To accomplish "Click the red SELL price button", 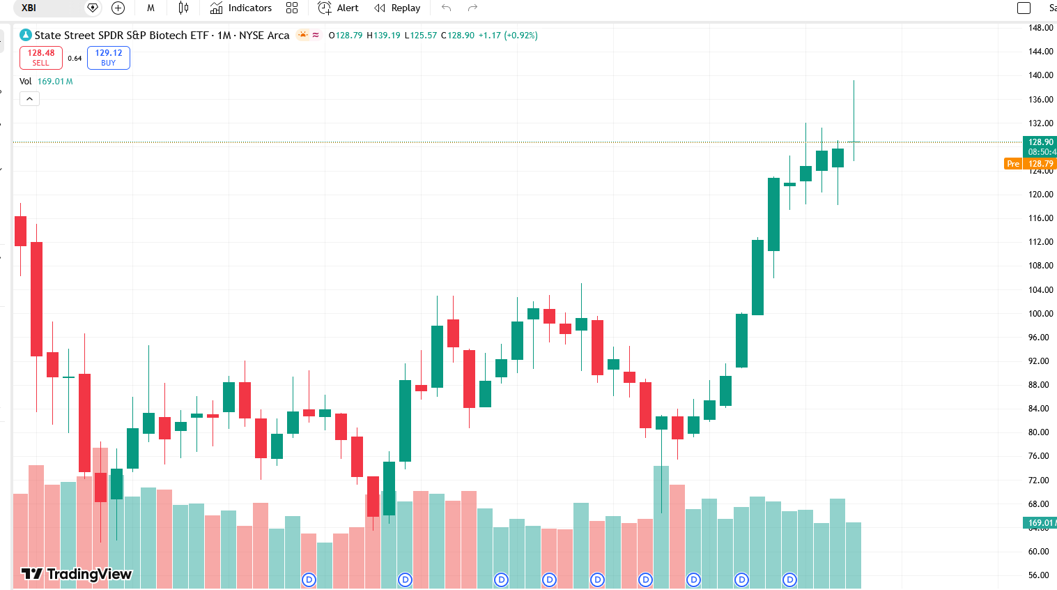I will pos(41,58).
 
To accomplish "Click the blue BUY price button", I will pos(109,58).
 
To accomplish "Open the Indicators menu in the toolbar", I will pos(241,8).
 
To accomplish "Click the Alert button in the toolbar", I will pos(339,8).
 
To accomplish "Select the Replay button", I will pos(397,8).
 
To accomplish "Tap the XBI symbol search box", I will pos(49,8).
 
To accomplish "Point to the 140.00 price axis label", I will pos(1040,75).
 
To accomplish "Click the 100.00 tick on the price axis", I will pos(1040,314).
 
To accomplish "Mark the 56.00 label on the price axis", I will pos(1038,575).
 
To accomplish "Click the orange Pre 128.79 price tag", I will pos(1030,164).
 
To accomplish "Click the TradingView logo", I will pos(76,574).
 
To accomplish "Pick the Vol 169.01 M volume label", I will pos(46,82).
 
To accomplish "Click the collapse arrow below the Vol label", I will pos(29,99).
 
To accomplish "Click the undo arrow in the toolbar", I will pos(447,8).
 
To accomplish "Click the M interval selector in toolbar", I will pos(151,8).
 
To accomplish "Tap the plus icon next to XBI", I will pos(118,8).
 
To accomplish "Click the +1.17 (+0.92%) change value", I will pos(508,36).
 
